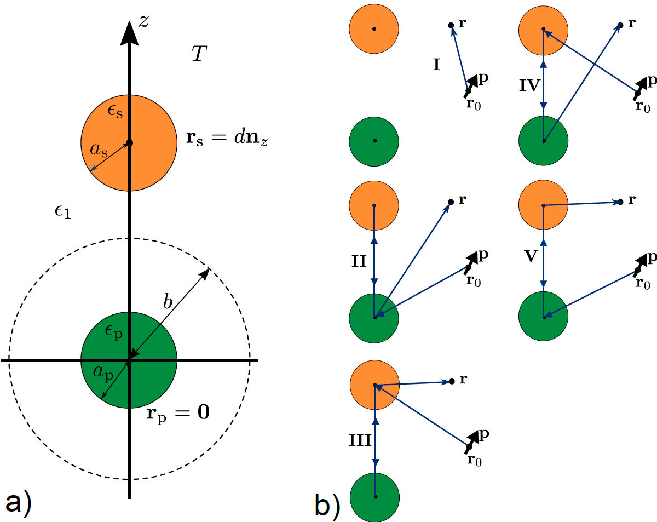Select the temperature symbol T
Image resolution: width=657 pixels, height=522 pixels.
198,54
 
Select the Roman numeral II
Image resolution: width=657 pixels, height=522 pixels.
359,261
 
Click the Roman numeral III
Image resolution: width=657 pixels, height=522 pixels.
361,439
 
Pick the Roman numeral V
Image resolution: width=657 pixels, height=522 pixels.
530,256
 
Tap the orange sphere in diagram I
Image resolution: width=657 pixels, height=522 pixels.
374,28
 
